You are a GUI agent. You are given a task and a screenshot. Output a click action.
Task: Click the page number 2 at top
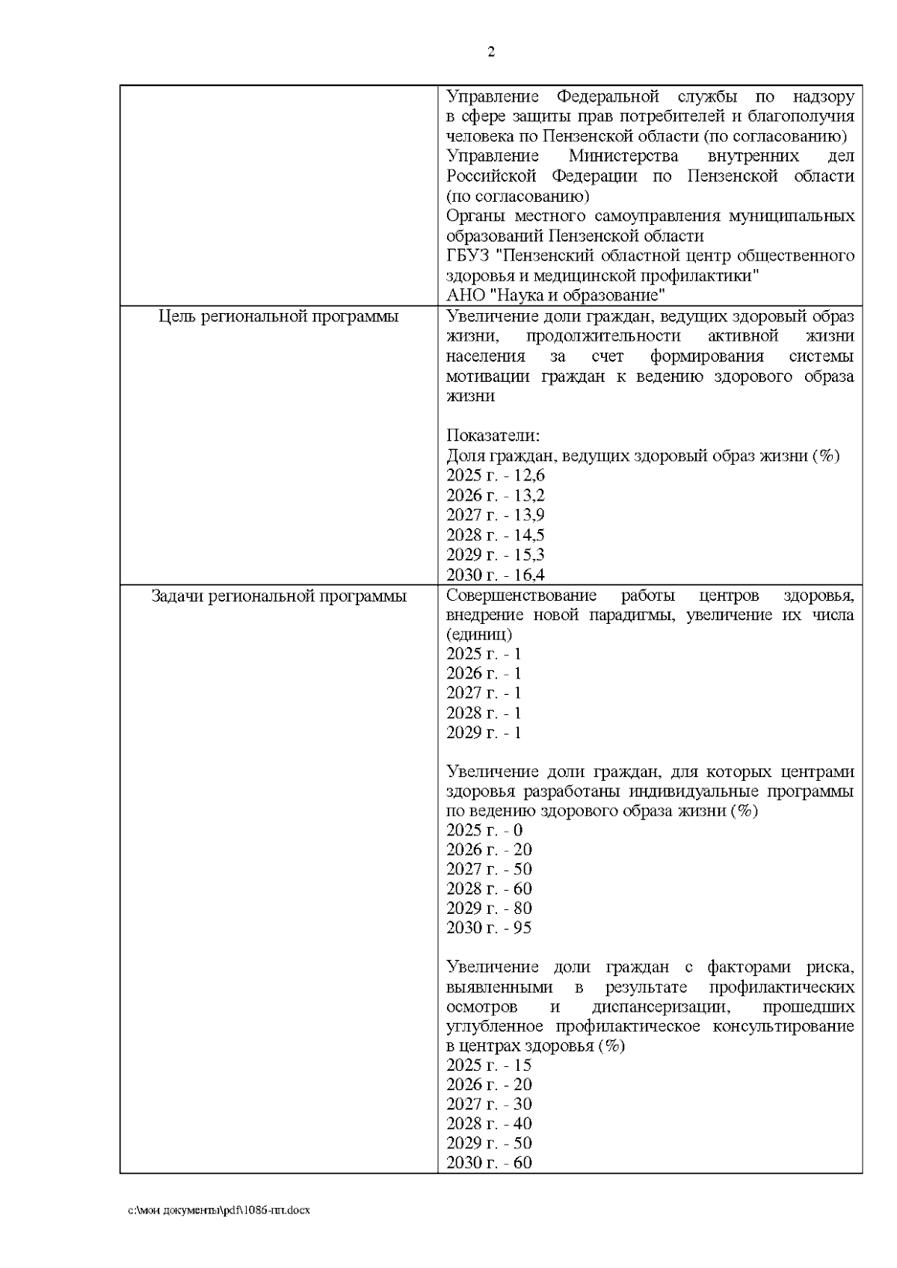coord(491,52)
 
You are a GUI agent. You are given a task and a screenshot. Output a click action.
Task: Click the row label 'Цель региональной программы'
coord(279,317)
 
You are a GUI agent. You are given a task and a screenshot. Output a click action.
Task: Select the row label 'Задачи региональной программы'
coord(279,596)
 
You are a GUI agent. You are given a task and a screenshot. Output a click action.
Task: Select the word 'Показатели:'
coord(493,436)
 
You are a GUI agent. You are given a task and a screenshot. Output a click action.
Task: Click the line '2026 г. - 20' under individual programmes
coord(489,850)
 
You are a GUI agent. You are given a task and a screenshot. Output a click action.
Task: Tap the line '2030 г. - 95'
coord(489,928)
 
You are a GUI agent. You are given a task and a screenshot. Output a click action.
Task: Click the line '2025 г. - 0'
coord(484,830)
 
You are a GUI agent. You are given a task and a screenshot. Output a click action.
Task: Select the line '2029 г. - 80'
coord(489,909)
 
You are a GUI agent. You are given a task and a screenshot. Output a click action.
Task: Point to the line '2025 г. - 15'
coord(489,1065)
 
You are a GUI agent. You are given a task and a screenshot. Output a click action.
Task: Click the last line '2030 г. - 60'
coord(489,1163)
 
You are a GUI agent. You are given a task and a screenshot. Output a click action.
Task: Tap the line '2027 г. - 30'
coord(489,1104)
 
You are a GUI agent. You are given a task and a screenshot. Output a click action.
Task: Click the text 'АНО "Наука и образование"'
coord(555,295)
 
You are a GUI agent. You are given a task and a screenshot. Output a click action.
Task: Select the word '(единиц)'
coord(479,635)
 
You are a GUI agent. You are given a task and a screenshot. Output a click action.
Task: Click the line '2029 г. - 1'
coord(484,732)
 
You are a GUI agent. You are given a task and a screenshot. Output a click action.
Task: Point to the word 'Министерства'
coord(623,156)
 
